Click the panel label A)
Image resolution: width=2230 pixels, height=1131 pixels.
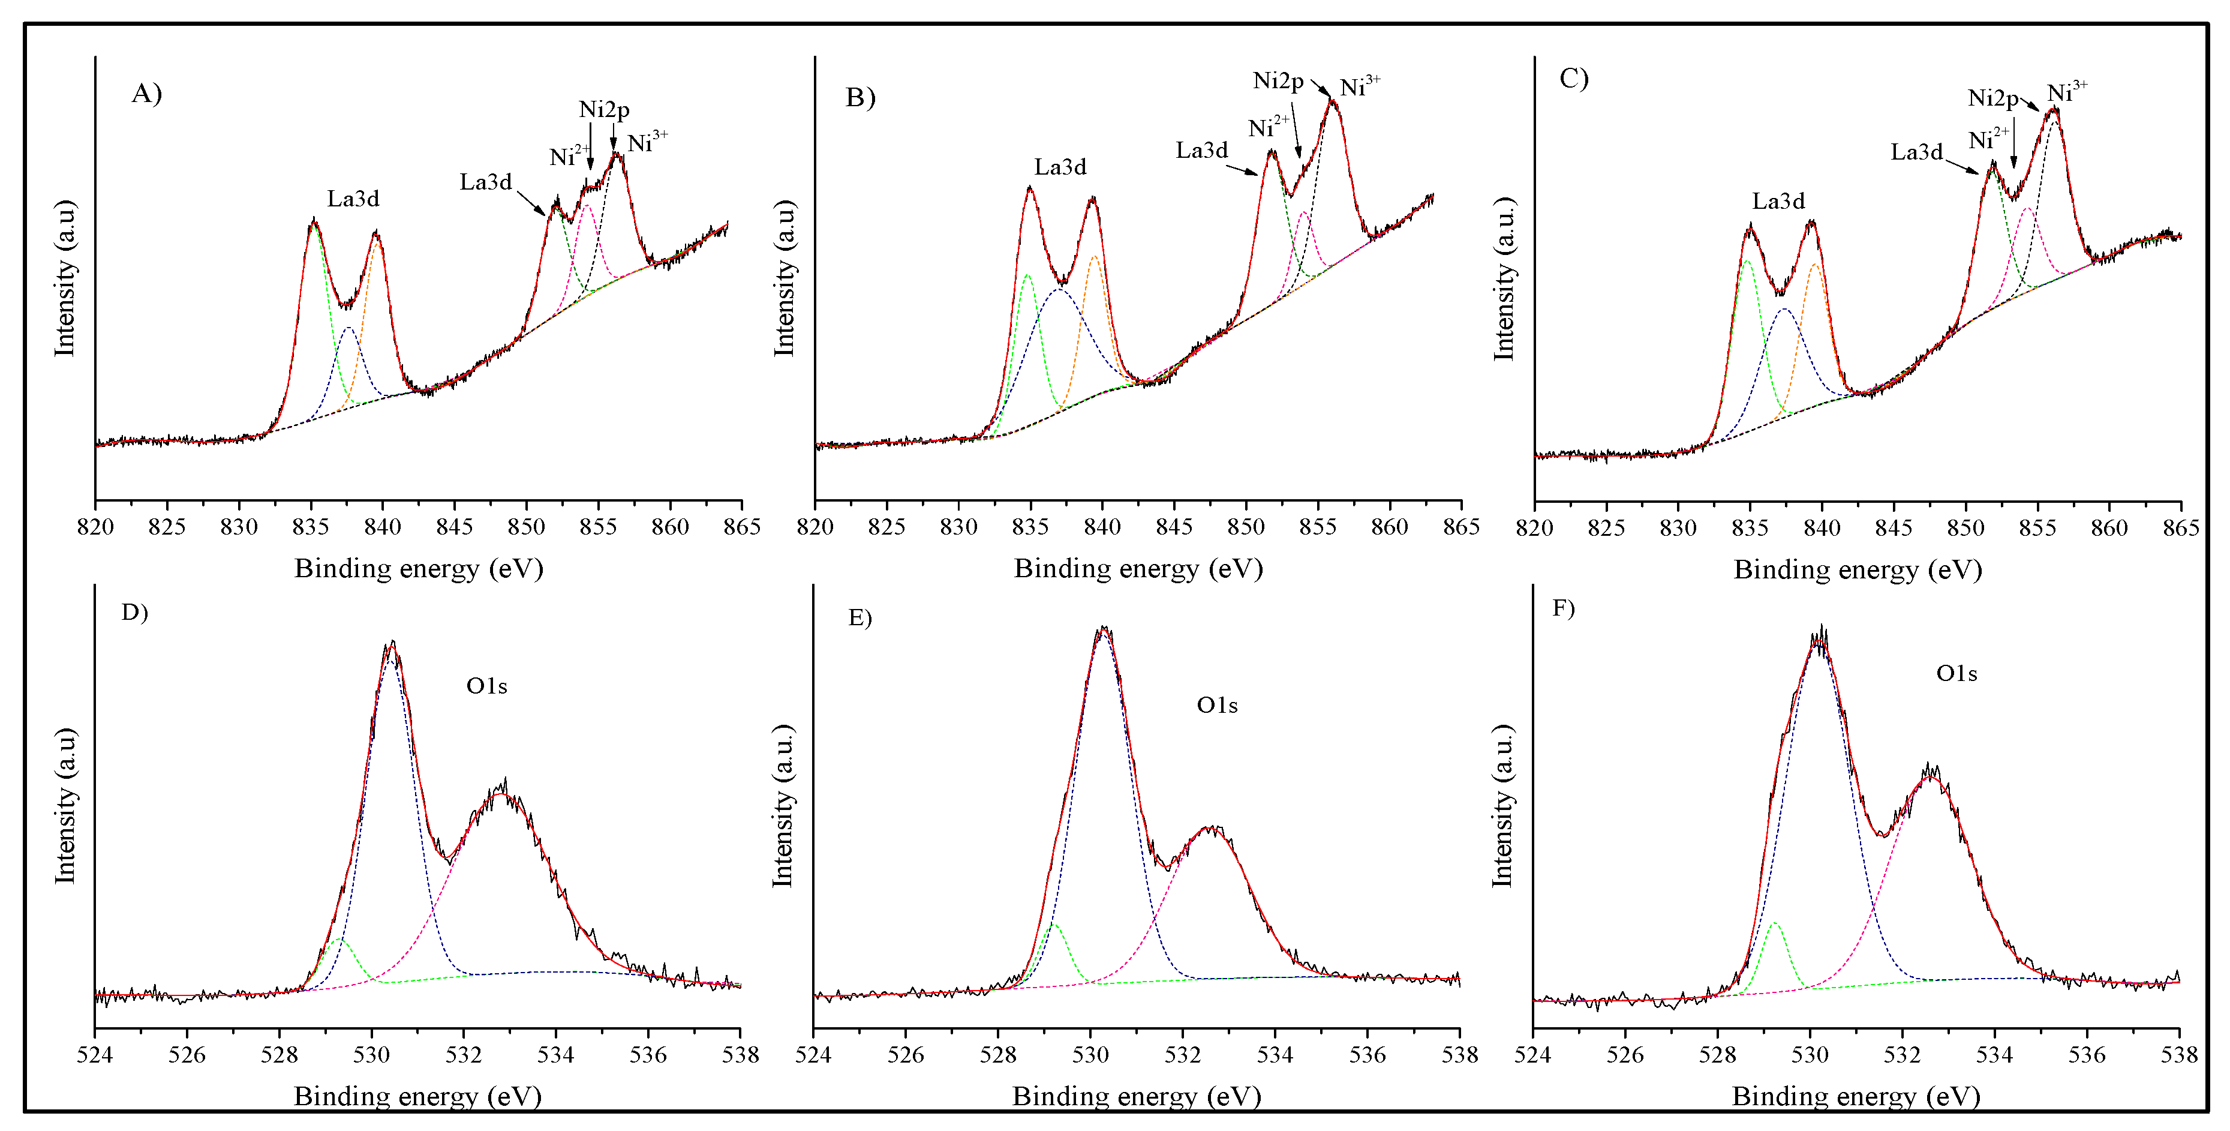coord(146,94)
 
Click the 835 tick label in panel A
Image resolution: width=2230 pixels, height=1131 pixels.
coord(311,527)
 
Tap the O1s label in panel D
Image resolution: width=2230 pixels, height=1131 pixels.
coord(486,687)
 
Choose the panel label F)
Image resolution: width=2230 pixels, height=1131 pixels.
coord(1564,609)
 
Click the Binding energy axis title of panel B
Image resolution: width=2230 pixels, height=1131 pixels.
coord(1138,569)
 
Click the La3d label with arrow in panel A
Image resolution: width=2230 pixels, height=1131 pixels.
coord(486,182)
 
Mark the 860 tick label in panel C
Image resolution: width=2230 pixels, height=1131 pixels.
coord(2109,527)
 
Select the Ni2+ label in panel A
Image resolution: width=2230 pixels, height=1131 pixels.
coord(569,156)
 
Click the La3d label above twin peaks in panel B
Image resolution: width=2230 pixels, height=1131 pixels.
coord(1060,167)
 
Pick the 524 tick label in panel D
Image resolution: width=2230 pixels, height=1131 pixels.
coord(95,1055)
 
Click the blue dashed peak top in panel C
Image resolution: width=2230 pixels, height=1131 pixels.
coord(1784,309)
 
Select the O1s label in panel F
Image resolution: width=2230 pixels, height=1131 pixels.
coord(1956,674)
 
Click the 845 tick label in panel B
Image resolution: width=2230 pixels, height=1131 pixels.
coord(1174,527)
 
